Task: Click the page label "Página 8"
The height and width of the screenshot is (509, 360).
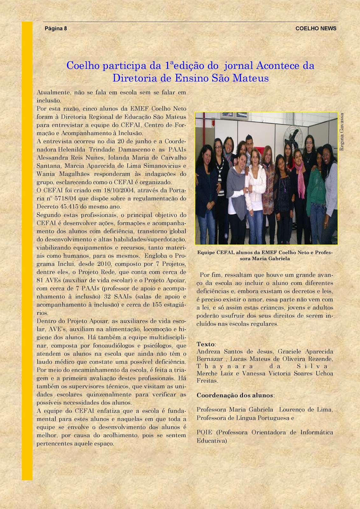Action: [56, 28]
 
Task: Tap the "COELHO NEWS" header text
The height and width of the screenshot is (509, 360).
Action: [316, 28]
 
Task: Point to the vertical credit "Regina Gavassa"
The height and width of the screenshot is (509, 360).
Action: [342, 132]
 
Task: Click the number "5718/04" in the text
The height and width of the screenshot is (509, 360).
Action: [71, 199]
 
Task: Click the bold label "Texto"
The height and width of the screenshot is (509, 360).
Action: [206, 344]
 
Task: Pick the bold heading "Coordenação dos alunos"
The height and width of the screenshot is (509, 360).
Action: [235, 395]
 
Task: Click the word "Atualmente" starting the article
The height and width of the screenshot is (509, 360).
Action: [53, 93]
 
